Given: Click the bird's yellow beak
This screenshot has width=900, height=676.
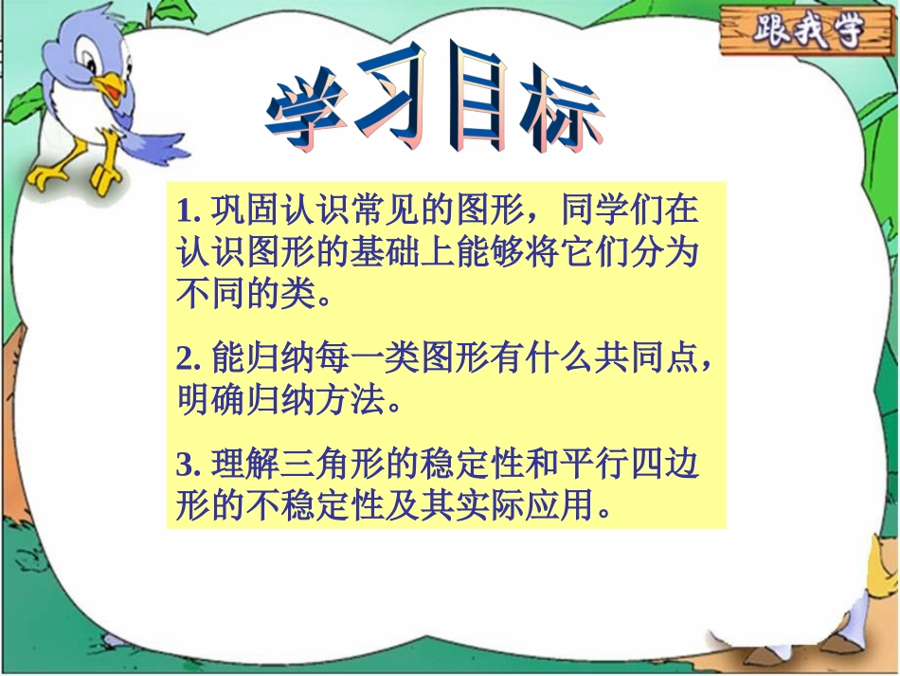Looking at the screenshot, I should pyautogui.click(x=112, y=87).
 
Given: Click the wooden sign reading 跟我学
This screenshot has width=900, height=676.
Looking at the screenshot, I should pyautogui.click(x=807, y=32).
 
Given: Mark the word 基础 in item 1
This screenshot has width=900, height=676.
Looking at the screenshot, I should pyautogui.click(x=407, y=250).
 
